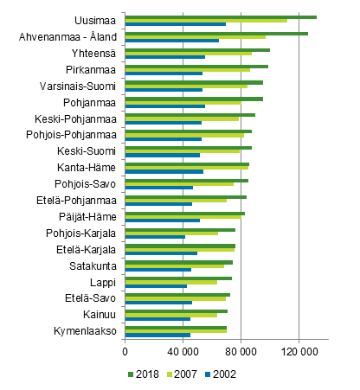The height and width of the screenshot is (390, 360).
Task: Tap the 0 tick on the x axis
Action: click(x=125, y=352)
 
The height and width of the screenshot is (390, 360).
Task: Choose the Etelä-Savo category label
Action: click(x=92, y=298)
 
